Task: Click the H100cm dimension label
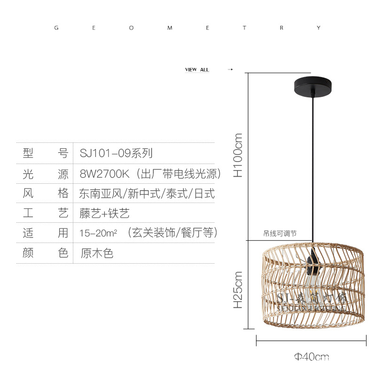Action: click(239, 155)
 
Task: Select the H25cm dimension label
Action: click(239, 290)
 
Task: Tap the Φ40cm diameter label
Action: click(312, 357)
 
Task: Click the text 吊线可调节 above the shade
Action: click(280, 233)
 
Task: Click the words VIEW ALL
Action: click(197, 70)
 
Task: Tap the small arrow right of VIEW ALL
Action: click(230, 70)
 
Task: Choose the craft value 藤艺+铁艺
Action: click(104, 213)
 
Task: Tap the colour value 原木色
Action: click(97, 253)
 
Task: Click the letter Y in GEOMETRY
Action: click(319, 28)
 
